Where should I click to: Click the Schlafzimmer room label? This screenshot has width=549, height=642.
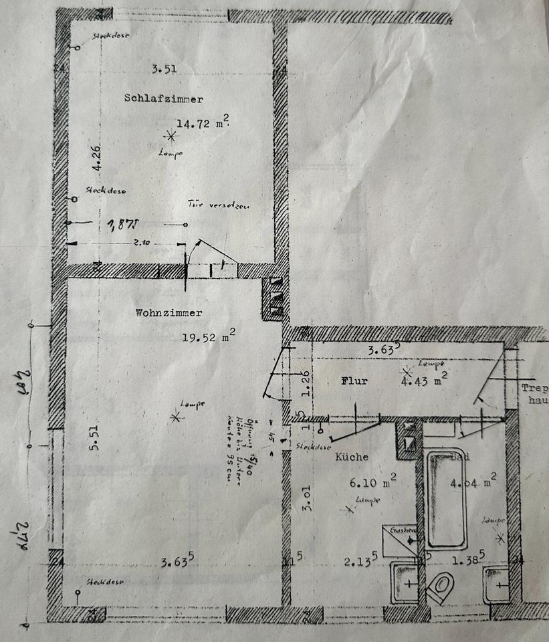tap(163, 98)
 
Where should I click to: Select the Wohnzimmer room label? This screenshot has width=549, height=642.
tap(169, 312)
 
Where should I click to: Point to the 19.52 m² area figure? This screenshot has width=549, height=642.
tap(208, 337)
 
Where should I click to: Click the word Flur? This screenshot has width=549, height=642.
tap(354, 381)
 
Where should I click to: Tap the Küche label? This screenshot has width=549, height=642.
tap(352, 457)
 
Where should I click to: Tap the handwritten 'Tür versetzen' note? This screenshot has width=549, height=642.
tap(218, 207)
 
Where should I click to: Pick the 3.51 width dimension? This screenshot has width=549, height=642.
tap(163, 68)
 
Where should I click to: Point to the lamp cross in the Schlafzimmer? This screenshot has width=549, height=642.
tap(171, 136)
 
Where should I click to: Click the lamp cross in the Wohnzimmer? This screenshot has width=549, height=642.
tap(177, 417)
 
